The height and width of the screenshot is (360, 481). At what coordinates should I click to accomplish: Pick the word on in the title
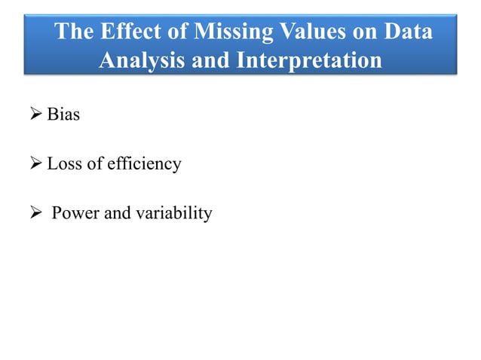(x=382, y=33)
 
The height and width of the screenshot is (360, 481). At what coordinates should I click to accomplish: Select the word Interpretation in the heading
(x=310, y=59)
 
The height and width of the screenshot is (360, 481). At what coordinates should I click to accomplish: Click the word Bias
(x=63, y=115)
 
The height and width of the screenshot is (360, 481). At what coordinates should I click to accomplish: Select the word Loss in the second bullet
(x=63, y=163)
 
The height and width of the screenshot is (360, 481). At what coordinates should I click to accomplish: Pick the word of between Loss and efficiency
(x=95, y=163)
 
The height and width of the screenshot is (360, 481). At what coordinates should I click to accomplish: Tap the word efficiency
(x=144, y=164)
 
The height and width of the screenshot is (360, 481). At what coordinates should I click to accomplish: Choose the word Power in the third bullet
(x=75, y=214)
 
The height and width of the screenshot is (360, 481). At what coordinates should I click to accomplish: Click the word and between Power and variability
(x=117, y=214)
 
